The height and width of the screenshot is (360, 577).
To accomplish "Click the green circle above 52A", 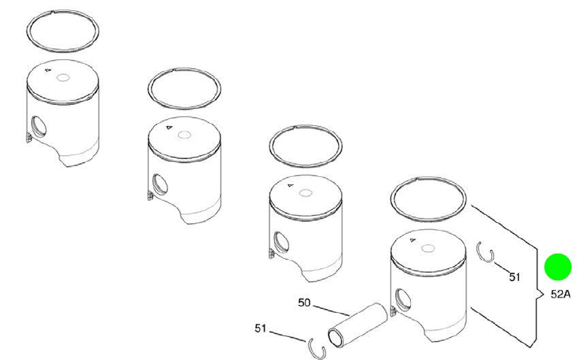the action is pos(558,267).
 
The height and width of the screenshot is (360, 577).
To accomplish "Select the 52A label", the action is pos(561,294).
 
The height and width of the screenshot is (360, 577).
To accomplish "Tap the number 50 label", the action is pos(304,303).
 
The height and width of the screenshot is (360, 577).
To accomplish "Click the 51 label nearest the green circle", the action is pos(514,276).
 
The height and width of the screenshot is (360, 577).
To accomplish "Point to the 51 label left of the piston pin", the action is pos(260,328).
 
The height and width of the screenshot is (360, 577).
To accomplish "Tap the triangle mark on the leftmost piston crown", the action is pos(47,70).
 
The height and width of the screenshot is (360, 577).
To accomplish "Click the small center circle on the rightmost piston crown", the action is pos(428,248).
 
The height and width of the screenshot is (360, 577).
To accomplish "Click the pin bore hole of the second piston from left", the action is pos(160,184).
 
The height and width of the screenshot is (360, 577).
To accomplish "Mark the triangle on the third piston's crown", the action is pos(291,185).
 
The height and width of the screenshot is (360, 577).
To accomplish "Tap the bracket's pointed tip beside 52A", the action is pos(544,294).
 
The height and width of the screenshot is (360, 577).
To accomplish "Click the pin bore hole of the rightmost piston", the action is pos(403,299).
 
